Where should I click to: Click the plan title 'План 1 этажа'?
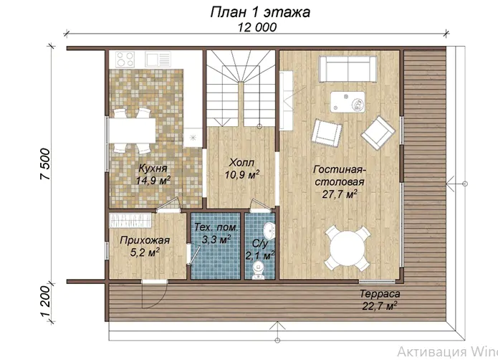pos(260,12)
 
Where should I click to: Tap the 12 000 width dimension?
pos(257,27)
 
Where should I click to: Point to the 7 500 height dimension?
pos(45,164)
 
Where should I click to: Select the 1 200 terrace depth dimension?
pos(45,301)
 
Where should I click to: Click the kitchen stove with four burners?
pos(125,60)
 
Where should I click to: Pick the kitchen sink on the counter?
pos(158,59)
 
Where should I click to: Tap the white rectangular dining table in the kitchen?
pos(132,131)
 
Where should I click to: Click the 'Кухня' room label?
pos(153,169)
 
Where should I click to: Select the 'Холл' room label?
pos(241,163)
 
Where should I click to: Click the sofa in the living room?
pos(348,69)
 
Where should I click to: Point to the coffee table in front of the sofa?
pos(348,102)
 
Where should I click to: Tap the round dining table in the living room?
pos(347,248)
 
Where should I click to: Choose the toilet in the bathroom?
pos(259,270)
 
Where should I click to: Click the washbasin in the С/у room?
pos(269,230)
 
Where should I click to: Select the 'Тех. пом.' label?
pos(216,227)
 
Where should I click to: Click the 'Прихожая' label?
pos(145,240)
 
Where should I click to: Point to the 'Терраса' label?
pos(380,294)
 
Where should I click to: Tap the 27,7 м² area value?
pos(340,194)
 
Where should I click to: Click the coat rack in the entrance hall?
pos(130,220)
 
